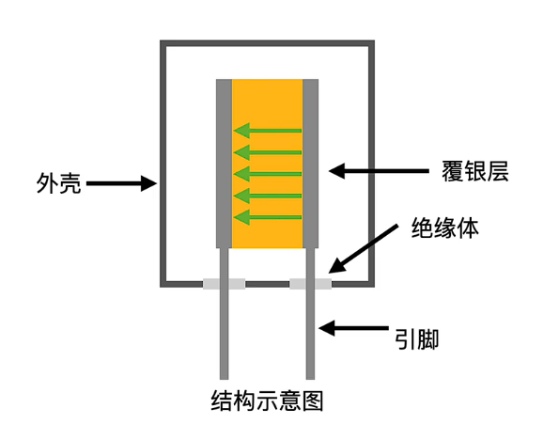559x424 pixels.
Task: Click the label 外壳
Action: click(59, 183)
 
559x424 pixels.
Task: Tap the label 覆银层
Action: click(475, 171)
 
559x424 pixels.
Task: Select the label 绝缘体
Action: click(445, 228)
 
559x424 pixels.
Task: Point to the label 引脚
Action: click(417, 339)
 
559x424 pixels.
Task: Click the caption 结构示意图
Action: click(267, 400)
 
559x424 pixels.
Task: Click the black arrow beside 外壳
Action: click(121, 183)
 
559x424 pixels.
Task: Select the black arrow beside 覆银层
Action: click(379, 171)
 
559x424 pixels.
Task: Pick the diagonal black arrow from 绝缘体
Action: click(363, 249)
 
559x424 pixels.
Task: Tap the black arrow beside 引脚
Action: click(353, 328)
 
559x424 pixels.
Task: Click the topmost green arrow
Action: click(268, 131)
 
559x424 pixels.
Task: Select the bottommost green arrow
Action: click(268, 217)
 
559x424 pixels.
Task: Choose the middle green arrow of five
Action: click(268, 174)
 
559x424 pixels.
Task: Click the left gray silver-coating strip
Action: click(224, 164)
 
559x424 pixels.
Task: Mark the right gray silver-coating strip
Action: click(311, 164)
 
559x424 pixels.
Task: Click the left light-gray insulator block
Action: click(224, 284)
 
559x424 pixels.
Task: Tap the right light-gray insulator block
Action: click(311, 284)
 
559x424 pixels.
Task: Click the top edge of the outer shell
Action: click(267, 43)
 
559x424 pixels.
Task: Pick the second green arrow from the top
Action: click(268, 152)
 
